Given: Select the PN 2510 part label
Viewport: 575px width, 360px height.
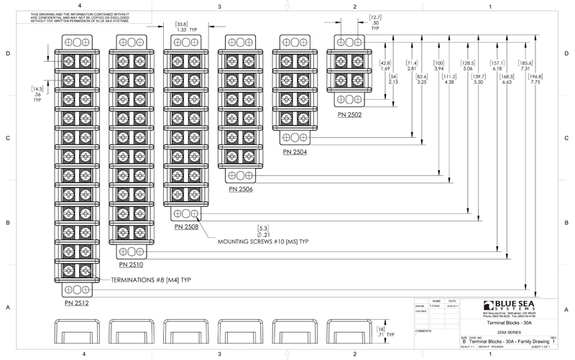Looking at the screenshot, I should [130, 264].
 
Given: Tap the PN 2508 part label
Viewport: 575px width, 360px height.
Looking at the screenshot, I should [186, 227].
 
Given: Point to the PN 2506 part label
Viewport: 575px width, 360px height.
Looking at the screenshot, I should [241, 190].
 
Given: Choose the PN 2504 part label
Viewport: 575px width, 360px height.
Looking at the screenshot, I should [296, 152].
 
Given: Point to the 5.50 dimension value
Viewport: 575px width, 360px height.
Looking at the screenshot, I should [475, 83].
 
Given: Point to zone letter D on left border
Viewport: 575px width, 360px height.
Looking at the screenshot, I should [6, 54].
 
